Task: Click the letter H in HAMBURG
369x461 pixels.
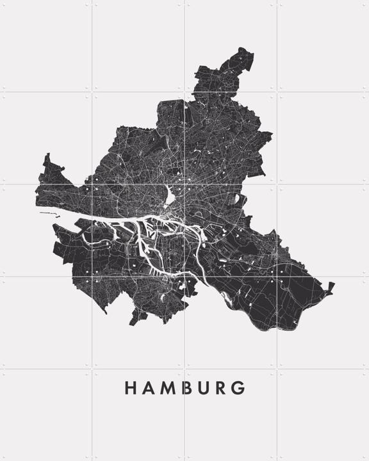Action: click(129, 388)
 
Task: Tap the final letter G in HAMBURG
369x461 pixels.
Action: click(240, 388)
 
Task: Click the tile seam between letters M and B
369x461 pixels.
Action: click(184, 388)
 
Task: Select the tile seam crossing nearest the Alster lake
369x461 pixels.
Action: click(184, 185)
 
